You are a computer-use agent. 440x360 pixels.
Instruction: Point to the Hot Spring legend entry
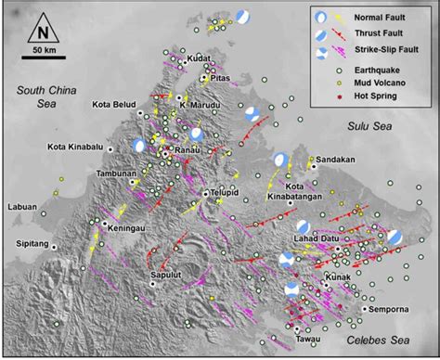377,95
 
